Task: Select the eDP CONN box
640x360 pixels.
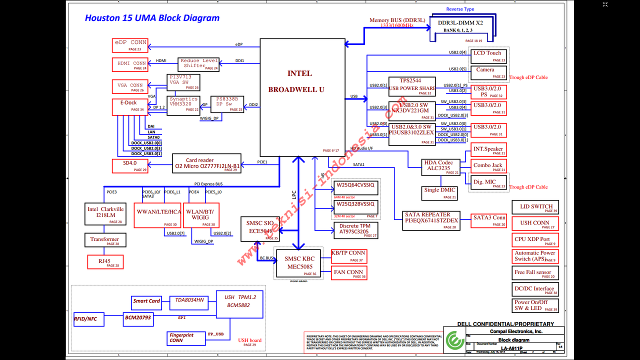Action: click(x=130, y=45)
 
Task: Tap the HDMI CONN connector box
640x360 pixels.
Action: click(x=130, y=65)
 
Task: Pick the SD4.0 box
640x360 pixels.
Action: click(x=130, y=166)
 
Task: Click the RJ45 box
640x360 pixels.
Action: click(x=104, y=262)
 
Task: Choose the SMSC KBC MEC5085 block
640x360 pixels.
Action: click(x=300, y=263)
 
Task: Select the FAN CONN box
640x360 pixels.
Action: click(x=349, y=273)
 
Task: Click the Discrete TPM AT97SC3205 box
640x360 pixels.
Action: click(x=355, y=229)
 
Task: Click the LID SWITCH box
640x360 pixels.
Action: click(x=535, y=207)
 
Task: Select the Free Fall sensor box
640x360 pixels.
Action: click(x=535, y=273)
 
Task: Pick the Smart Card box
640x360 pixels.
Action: click(x=147, y=301)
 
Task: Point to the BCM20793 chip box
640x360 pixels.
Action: click(x=137, y=318)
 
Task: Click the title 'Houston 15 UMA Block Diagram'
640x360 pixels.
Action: click(x=152, y=18)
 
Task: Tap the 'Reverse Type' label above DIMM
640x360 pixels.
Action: click(x=460, y=9)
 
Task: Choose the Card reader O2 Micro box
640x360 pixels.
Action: click(x=206, y=163)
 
